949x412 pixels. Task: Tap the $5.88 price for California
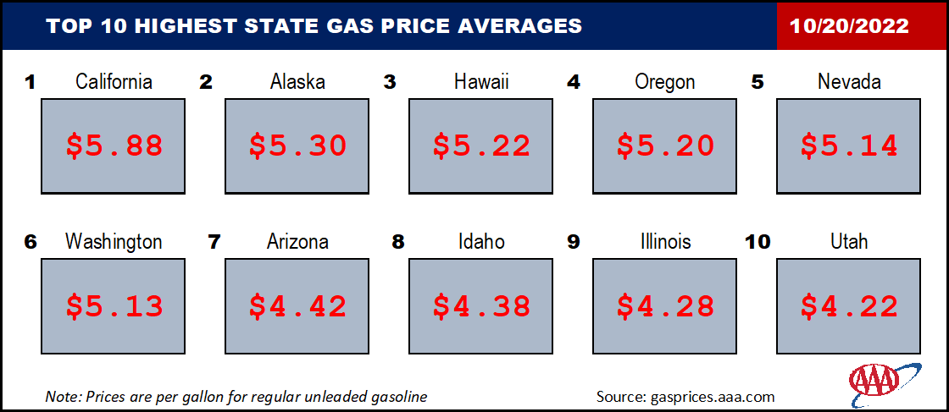coord(114,146)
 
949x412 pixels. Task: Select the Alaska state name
coord(297,81)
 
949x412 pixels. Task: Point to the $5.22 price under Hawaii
coord(482,146)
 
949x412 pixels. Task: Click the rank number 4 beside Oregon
coord(573,82)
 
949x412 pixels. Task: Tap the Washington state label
coord(114,242)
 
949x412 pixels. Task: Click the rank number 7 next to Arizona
coord(214,242)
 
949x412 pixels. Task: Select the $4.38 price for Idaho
coord(482,307)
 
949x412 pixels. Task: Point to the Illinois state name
coord(666,242)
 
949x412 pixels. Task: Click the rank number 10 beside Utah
coord(757,242)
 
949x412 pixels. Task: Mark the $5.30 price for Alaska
coord(297,146)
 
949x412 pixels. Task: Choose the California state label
coord(114,81)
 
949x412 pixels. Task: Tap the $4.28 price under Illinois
coord(666,307)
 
